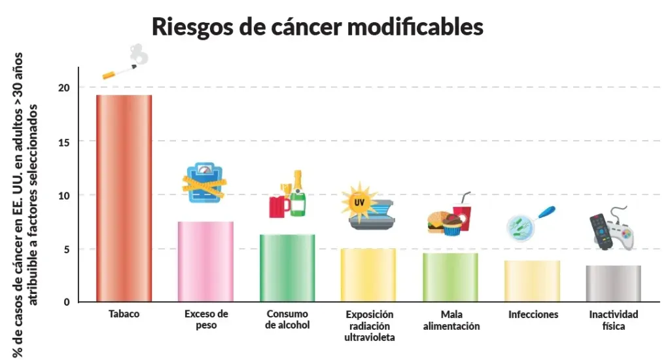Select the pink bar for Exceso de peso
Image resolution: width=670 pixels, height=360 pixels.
205,262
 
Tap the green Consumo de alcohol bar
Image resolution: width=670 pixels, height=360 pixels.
287,268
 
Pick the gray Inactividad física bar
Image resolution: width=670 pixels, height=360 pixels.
613,283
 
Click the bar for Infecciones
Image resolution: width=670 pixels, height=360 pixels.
533,281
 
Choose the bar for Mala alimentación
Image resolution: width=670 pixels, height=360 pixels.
451,278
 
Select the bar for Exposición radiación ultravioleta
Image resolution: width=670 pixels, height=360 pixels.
368,275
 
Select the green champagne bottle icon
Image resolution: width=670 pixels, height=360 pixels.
298,195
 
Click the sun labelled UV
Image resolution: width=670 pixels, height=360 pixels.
358,202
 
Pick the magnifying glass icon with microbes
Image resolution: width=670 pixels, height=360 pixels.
523,225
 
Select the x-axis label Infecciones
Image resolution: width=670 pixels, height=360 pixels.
533,314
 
